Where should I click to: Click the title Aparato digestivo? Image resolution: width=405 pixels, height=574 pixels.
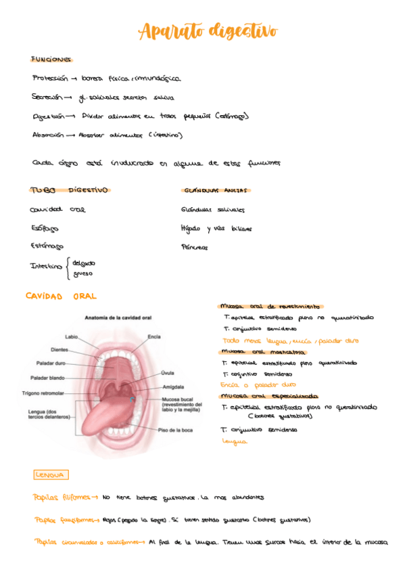(208, 31)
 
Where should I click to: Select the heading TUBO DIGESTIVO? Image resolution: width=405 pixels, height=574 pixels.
(70, 190)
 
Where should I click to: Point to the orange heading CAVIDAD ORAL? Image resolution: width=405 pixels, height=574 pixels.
(61, 296)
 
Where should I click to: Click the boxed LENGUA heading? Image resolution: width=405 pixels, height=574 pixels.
(51, 474)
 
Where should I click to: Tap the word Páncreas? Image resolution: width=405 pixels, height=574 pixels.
(195, 248)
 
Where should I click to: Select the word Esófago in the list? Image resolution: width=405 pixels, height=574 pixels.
(45, 228)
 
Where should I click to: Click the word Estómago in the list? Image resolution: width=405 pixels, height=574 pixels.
(47, 246)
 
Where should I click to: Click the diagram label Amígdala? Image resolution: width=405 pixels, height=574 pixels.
(174, 387)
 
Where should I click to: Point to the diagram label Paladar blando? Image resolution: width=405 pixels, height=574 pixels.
(48, 377)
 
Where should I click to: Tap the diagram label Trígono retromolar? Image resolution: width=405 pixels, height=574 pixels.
(43, 393)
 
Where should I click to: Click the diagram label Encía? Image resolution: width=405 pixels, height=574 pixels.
(155, 336)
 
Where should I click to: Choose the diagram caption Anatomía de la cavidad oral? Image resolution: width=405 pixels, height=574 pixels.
(118, 317)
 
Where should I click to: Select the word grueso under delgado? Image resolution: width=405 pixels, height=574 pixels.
(82, 273)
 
